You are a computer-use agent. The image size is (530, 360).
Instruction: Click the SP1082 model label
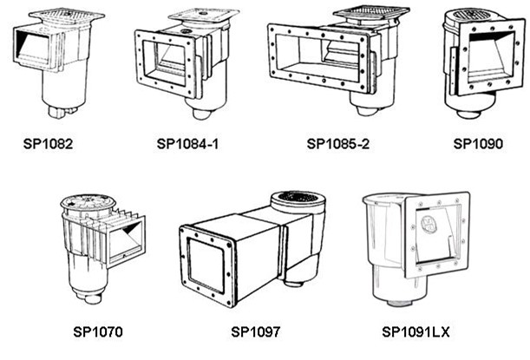tap(48, 144)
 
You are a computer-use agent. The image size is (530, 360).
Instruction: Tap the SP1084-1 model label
tap(187, 144)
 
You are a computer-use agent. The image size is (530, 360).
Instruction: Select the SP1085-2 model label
tap(337, 144)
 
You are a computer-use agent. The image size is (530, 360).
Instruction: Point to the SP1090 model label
tap(478, 144)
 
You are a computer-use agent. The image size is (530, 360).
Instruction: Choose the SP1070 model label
tap(98, 331)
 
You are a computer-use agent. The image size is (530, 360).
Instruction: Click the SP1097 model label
tap(256, 331)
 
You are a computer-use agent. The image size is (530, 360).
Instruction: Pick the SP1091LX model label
tap(415, 331)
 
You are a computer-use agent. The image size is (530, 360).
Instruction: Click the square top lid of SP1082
tap(67, 16)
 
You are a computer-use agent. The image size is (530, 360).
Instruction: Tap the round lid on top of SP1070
tap(88, 202)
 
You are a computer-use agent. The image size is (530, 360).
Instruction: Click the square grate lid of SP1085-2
tap(370, 13)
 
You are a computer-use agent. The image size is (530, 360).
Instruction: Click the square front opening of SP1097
tap(206, 265)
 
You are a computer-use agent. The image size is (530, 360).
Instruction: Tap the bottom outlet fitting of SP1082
tap(62, 111)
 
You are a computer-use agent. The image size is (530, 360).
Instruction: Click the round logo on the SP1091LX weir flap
tap(428, 224)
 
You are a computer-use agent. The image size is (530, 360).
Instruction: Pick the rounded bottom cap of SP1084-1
tap(202, 114)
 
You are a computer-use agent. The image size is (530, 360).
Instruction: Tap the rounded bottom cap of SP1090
tap(468, 114)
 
